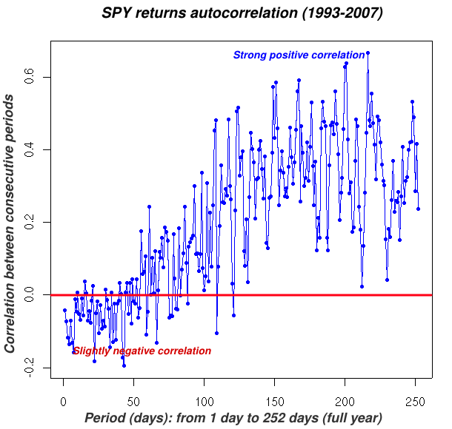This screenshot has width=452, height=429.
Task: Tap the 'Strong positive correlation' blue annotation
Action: [x=299, y=55]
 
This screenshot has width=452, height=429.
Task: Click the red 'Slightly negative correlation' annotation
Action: [x=142, y=351]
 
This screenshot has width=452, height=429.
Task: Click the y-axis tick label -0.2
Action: [x=30, y=367]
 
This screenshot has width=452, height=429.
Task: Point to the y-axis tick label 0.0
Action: [x=30, y=294]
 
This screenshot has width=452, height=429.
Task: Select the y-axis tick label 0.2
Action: [x=30, y=222]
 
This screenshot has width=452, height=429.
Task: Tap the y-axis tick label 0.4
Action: [x=30, y=149]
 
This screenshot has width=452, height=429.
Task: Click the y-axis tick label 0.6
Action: [x=30, y=77]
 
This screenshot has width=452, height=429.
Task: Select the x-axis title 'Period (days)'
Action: [x=233, y=418]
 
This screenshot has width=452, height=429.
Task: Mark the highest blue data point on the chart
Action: [x=368, y=53]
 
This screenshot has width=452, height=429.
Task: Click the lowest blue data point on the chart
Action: [x=124, y=365]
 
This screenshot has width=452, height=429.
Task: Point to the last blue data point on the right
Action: [x=418, y=209]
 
